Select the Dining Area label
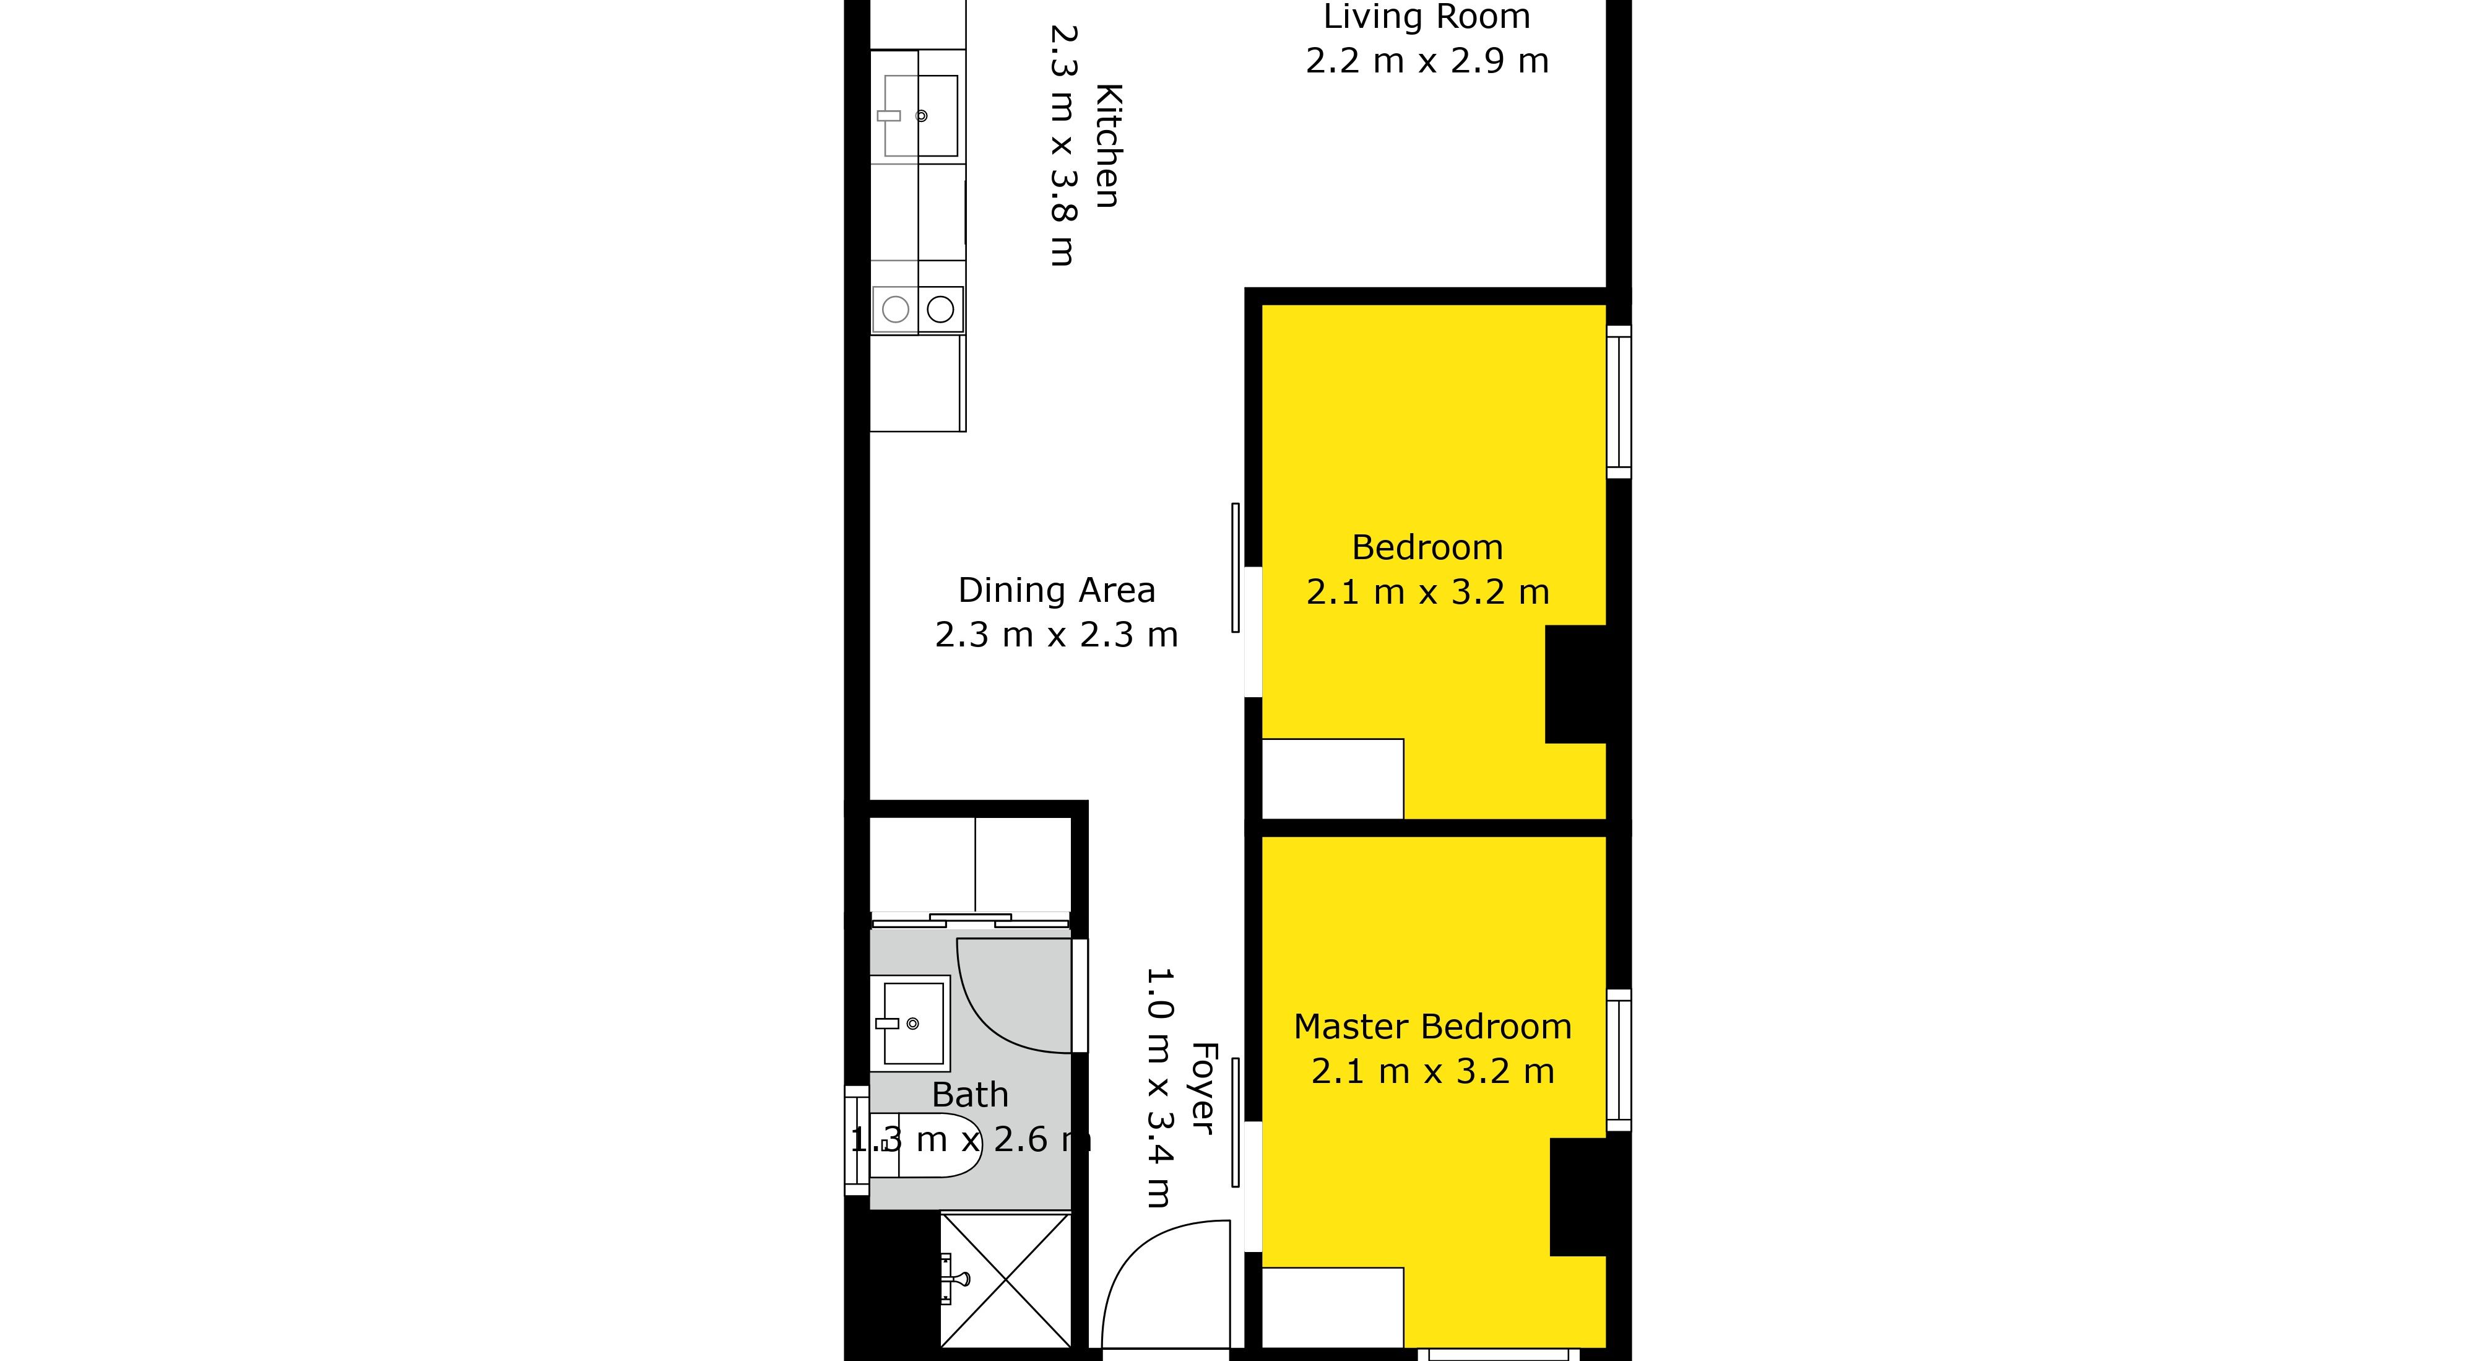click(1057, 590)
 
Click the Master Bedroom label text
click(1432, 1027)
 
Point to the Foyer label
click(1203, 1088)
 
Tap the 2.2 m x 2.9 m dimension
click(1426, 61)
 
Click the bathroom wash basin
click(910, 1024)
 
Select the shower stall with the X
click(1005, 1279)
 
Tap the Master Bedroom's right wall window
click(1619, 1060)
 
